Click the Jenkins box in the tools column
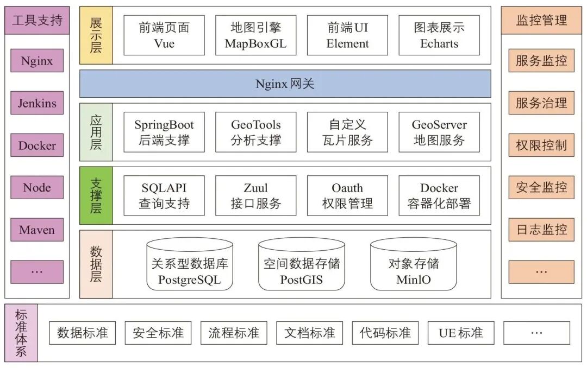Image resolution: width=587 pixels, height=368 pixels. coord(37,103)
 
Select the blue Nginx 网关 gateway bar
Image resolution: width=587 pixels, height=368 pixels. coord(285,84)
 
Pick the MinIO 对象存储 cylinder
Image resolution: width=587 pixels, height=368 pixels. coord(413,267)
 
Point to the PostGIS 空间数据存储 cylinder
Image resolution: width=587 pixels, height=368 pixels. coord(301,267)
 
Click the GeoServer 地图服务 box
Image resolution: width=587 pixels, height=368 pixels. coord(439,132)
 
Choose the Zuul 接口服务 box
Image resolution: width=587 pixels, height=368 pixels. coord(256,196)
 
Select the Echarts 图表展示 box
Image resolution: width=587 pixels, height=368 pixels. coord(439,35)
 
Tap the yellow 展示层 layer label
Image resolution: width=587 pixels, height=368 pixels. coord(96,35)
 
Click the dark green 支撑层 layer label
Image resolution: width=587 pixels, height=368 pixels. coord(96,195)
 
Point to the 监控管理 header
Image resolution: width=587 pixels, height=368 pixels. coord(541,21)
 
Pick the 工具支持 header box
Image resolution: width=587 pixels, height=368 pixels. coord(37,21)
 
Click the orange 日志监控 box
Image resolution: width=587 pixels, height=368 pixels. coord(541,230)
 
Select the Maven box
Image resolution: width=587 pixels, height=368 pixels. coord(37,230)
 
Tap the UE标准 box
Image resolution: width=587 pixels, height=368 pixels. coord(461,333)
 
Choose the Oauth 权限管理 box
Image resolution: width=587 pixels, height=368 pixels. coord(347,196)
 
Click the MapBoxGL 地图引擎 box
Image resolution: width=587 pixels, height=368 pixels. coord(256,35)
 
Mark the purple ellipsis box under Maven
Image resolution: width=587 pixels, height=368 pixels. coord(37,272)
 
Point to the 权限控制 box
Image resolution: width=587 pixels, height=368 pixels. coord(541,145)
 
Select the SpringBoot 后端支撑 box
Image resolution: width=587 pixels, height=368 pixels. coord(164,132)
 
